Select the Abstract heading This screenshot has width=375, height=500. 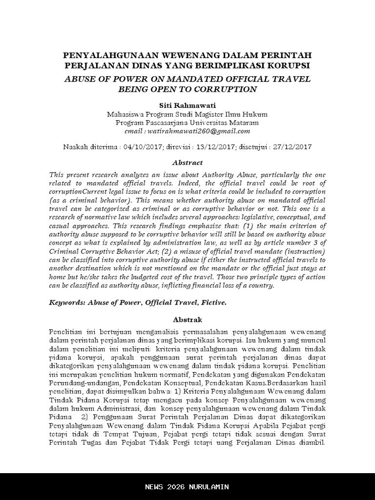pyautogui.click(x=187, y=163)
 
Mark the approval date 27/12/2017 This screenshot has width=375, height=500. pyautogui.click(x=292, y=146)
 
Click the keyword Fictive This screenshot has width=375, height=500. pyautogui.click(x=212, y=302)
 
